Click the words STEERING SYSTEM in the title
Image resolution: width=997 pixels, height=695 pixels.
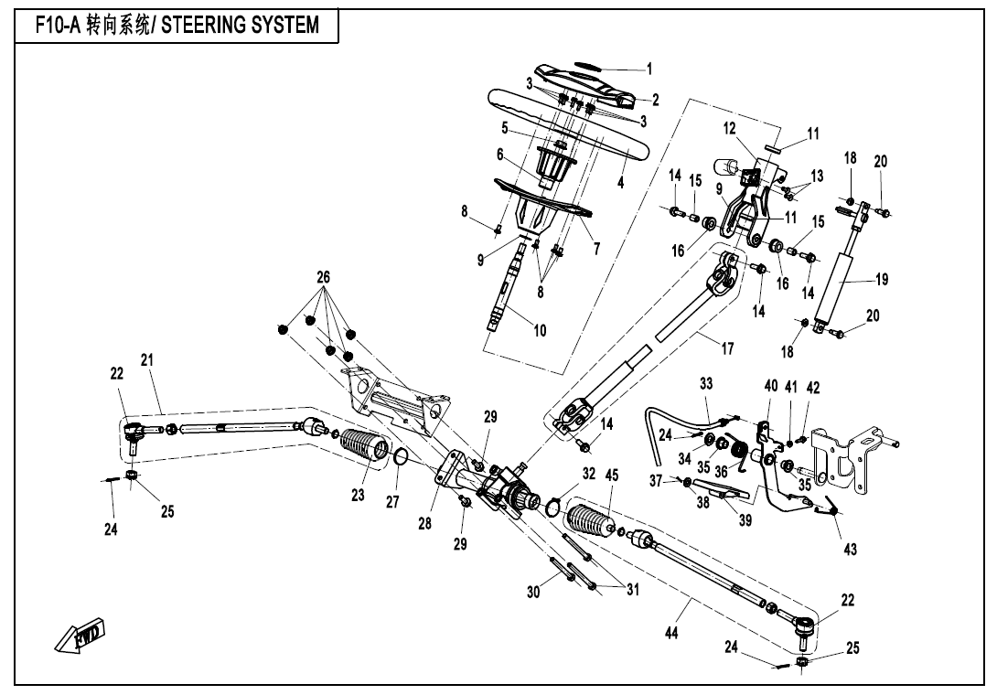point(240,26)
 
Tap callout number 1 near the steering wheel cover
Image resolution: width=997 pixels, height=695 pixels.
point(649,68)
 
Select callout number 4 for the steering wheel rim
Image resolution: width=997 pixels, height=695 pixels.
point(620,183)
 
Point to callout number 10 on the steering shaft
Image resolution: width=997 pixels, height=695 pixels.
point(539,331)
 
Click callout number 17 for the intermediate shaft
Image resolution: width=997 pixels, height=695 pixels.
point(727,348)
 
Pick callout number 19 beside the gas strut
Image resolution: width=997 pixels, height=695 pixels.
point(881,279)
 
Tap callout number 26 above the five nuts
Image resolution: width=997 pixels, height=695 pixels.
point(323,277)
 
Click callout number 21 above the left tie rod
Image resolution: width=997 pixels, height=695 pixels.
point(147,360)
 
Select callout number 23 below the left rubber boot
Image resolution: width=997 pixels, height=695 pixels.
point(358,494)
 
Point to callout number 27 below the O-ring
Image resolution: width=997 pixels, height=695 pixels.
point(393,502)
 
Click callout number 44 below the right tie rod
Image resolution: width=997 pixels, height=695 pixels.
point(671,632)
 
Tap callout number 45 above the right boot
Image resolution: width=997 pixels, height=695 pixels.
point(612,475)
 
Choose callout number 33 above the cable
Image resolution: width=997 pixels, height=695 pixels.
point(706,383)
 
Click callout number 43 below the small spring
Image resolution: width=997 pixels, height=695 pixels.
point(850,550)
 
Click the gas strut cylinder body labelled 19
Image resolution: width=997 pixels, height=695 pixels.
point(839,282)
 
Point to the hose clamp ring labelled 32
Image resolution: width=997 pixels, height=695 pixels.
point(553,507)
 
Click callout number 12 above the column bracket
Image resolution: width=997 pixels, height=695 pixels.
point(729,129)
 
